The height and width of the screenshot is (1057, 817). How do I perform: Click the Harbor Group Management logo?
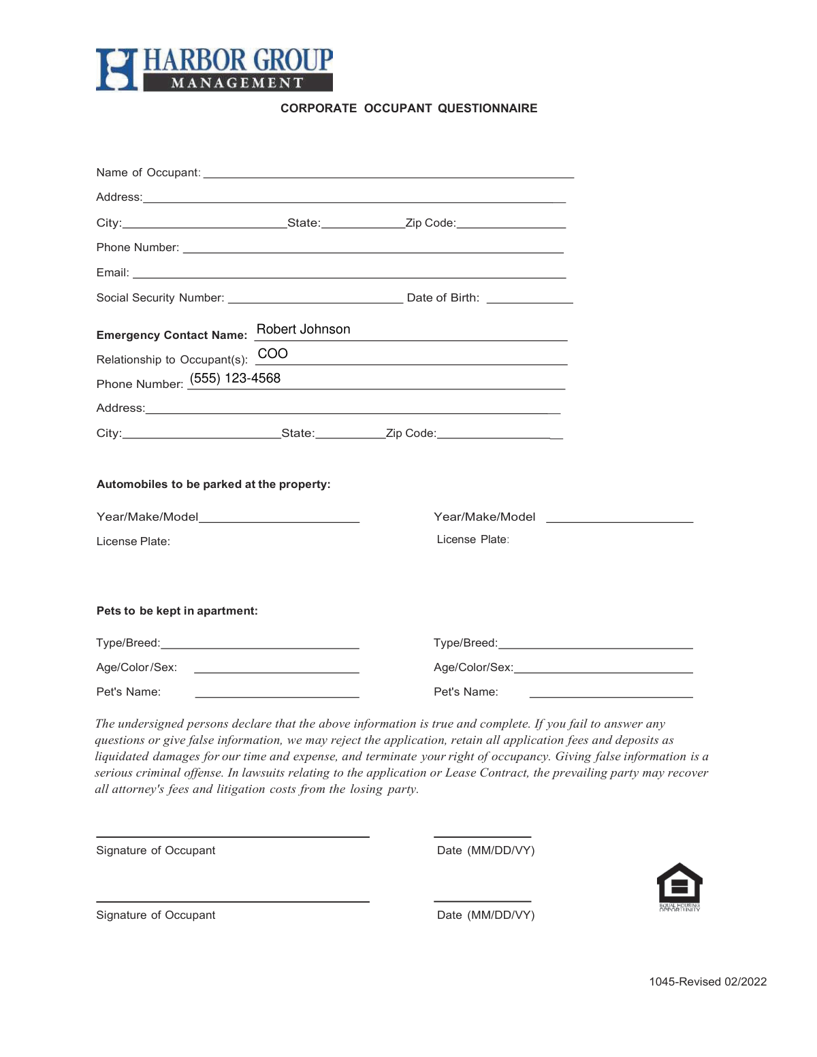point(214,69)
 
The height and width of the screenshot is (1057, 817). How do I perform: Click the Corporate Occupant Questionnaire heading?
point(408,108)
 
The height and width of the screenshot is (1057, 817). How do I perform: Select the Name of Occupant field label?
point(148,173)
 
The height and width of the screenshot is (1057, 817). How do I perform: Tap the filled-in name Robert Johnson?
point(303,329)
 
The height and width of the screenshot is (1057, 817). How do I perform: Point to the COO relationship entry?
point(272,354)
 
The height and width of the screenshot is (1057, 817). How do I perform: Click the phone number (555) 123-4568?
point(235,378)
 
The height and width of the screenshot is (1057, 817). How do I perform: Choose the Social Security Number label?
point(160,298)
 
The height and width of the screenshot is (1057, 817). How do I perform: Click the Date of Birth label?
point(443,298)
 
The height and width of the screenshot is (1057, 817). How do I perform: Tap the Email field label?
point(112,273)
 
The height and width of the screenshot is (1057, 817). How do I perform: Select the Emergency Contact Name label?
point(172,336)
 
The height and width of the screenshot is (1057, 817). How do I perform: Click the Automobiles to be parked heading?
point(213,485)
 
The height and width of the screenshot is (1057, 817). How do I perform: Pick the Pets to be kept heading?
point(177,611)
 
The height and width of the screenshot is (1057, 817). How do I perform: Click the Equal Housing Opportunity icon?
point(679,885)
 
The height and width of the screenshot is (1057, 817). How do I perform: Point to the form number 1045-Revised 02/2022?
point(707,982)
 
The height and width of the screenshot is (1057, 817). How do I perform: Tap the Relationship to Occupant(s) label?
point(172,360)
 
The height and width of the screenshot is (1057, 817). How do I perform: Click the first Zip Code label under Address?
point(430,223)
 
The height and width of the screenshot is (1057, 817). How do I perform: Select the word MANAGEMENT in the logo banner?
point(237,83)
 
